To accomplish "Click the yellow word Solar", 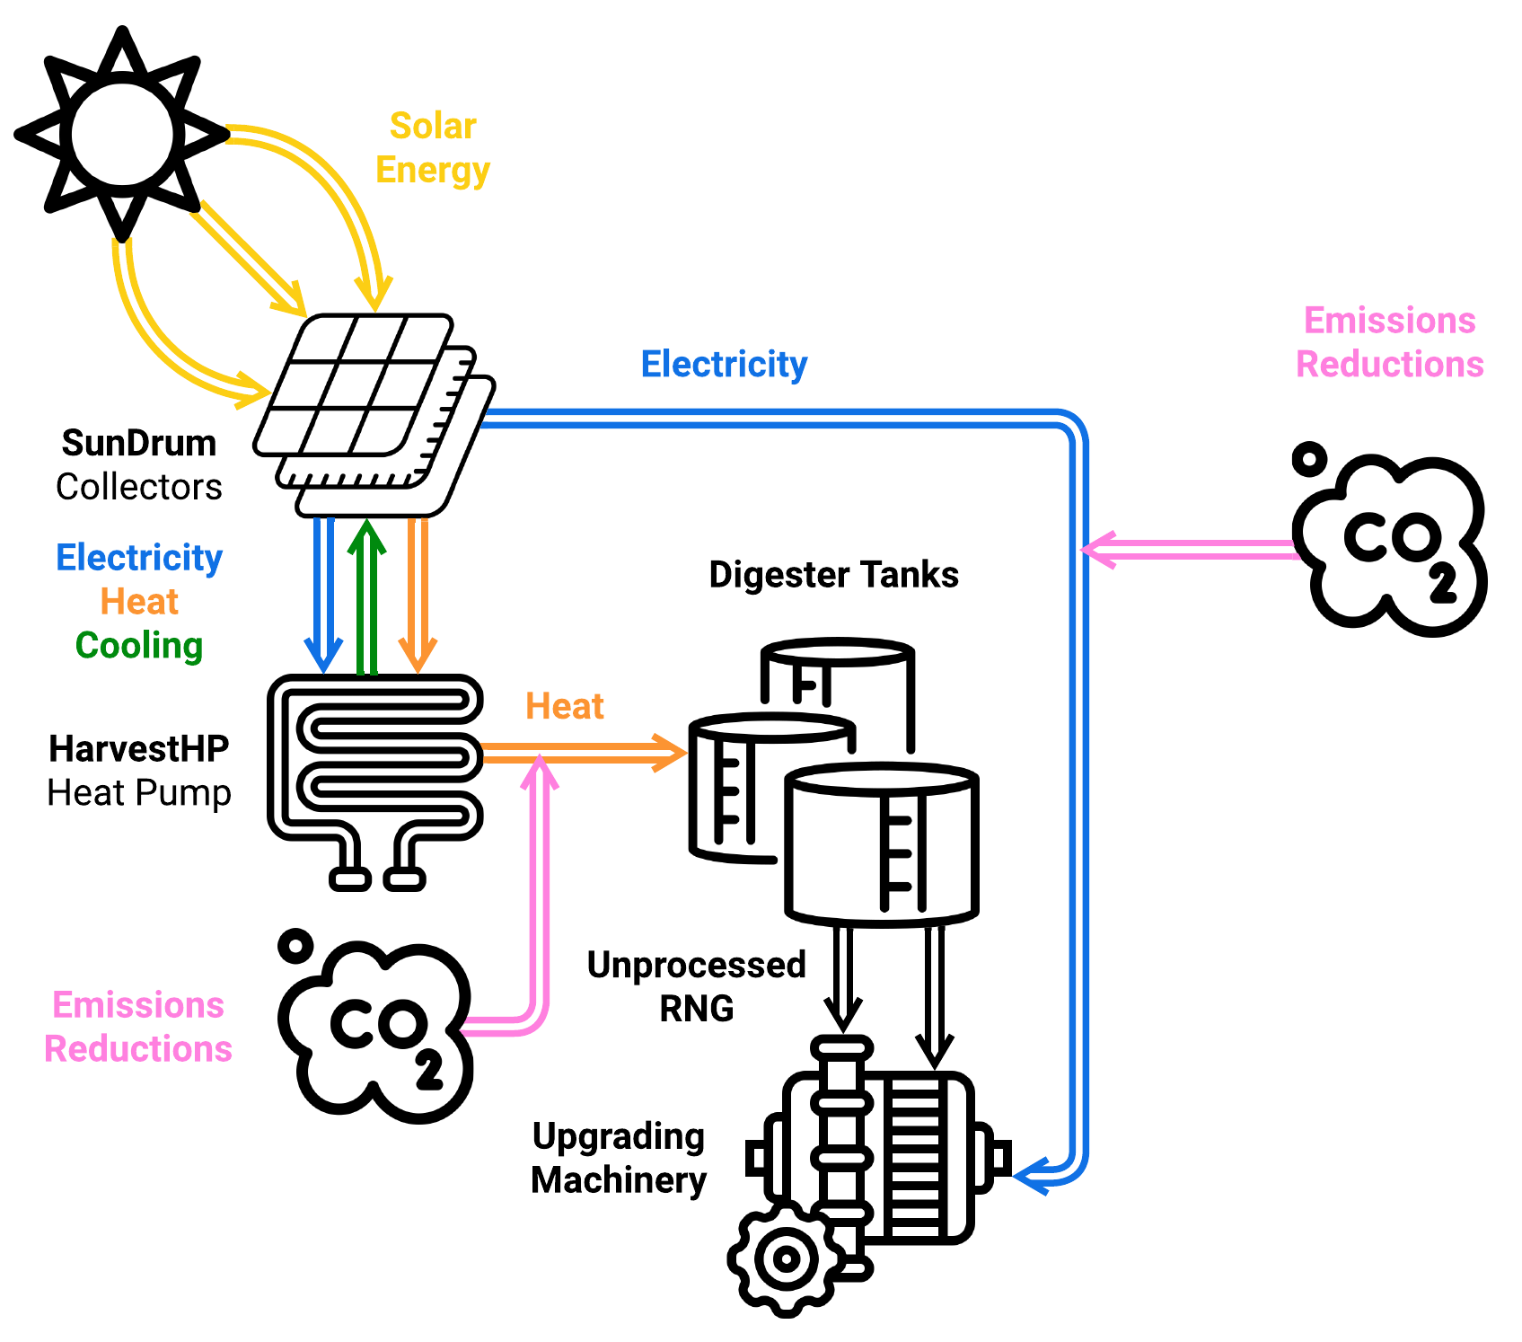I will pyautogui.click(x=432, y=126).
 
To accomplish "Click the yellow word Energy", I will pyautogui.click(x=432, y=170).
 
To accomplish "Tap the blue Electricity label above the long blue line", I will pyautogui.click(x=724, y=364).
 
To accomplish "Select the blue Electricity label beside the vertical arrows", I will pyautogui.click(x=139, y=557).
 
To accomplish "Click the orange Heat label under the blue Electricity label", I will pyautogui.click(x=139, y=601).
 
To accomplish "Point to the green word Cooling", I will pyautogui.click(x=139, y=645).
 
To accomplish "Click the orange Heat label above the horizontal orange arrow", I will pyautogui.click(x=564, y=706).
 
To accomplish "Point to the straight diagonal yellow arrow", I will pyautogui.click(x=248, y=259).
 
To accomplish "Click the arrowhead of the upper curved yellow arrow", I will pyautogui.click(x=374, y=295).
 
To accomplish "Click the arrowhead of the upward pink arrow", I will pyautogui.click(x=540, y=771).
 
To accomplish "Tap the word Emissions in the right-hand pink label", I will pyautogui.click(x=1389, y=321).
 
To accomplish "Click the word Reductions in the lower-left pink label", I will pyautogui.click(x=138, y=1048).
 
